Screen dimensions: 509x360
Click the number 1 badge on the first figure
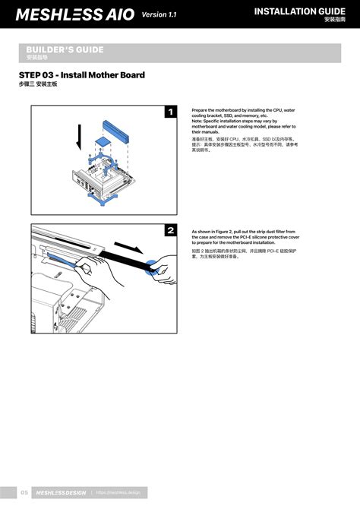(x=170, y=112)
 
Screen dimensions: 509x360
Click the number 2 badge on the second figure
(x=170, y=230)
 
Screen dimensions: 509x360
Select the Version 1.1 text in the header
(x=159, y=14)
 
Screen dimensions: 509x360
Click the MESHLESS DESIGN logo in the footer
(x=62, y=493)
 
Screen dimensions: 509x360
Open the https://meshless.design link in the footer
(x=118, y=493)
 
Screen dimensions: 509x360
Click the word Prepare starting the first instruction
(x=203, y=109)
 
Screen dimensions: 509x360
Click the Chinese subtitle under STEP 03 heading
(x=38, y=84)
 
